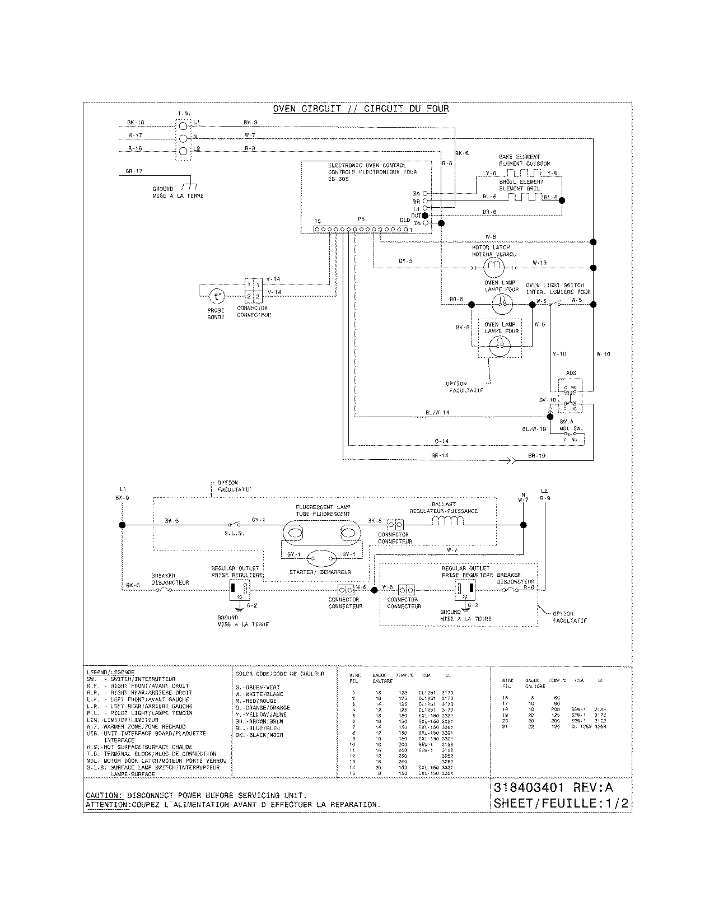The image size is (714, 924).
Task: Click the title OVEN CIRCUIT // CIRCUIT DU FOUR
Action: (361, 109)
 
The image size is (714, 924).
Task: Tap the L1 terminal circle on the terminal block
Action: (182, 125)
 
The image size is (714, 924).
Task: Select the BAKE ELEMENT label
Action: (519, 157)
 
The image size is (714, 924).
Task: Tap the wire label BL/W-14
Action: (437, 412)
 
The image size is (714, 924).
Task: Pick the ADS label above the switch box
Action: (571, 372)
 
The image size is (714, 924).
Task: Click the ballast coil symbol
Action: (448, 521)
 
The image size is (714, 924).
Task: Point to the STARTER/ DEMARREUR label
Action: (320, 572)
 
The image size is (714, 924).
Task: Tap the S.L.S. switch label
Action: (234, 533)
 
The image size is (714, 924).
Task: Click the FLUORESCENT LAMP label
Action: (323, 507)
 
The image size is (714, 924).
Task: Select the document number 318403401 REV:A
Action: (561, 787)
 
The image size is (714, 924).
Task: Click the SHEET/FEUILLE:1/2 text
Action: (561, 803)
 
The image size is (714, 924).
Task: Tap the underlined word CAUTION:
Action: (104, 795)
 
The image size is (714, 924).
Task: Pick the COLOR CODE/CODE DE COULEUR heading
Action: (279, 674)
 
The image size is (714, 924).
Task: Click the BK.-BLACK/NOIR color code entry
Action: (259, 735)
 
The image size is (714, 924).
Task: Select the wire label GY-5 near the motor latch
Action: (405, 261)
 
